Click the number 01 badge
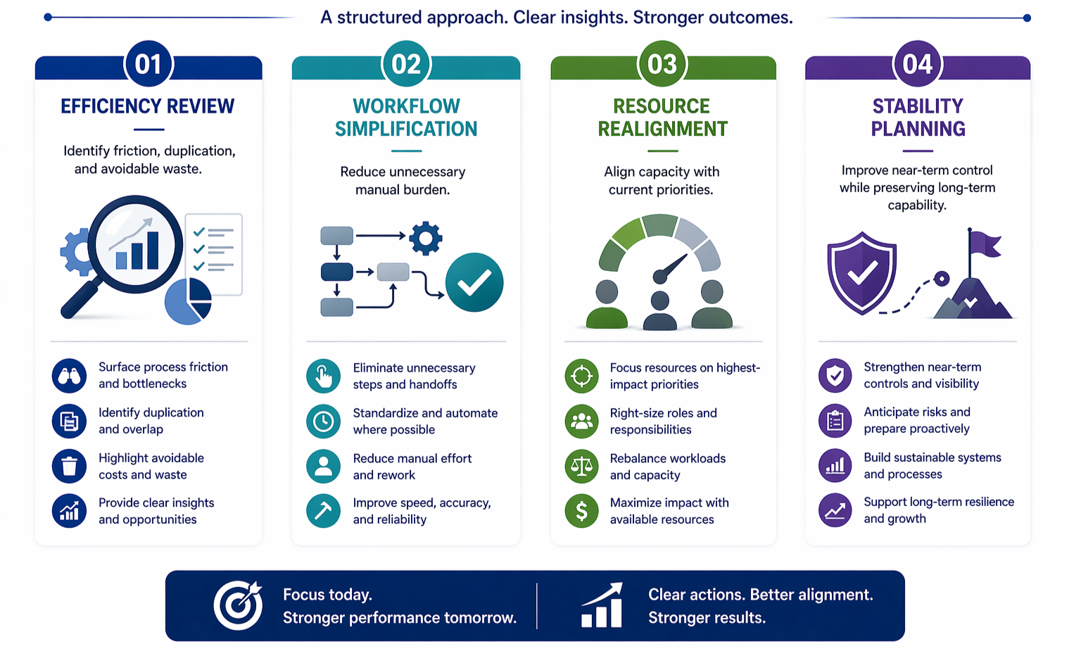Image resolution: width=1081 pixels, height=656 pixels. [148, 65]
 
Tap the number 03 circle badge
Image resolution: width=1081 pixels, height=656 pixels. [662, 65]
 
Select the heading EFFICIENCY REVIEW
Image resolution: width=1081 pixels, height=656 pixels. [148, 106]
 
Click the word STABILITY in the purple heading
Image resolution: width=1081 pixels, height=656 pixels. [918, 106]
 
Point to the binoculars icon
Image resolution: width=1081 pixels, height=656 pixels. [69, 375]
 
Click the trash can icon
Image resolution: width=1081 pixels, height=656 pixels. [69, 466]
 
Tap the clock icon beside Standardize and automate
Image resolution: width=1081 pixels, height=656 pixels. [323, 421]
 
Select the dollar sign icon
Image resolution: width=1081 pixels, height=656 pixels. [581, 511]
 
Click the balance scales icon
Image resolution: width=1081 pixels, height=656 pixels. [581, 466]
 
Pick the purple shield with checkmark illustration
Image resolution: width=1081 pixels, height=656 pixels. [862, 273]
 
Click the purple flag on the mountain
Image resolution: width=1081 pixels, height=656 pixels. [985, 244]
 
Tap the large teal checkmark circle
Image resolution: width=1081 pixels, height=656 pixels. [474, 282]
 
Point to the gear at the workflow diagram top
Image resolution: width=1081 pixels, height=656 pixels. [426, 238]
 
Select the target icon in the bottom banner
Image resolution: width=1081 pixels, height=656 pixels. [238, 605]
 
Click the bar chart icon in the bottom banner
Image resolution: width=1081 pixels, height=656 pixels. [602, 605]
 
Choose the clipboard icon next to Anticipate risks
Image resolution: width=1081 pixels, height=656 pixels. [835, 421]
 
